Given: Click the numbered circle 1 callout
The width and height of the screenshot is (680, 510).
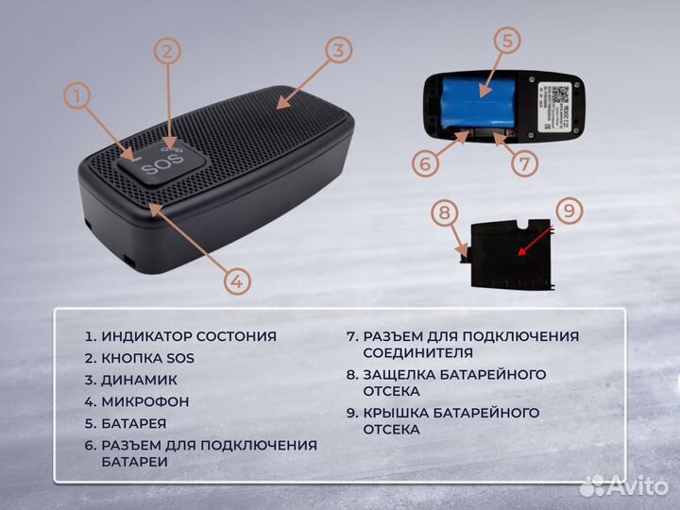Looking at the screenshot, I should pyautogui.click(x=78, y=96).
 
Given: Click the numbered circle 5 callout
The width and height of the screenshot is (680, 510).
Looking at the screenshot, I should pyautogui.click(x=507, y=41).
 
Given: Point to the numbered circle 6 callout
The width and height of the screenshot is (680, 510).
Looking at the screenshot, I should pyautogui.click(x=426, y=162).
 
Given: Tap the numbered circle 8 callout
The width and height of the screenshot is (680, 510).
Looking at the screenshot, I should pyautogui.click(x=443, y=212).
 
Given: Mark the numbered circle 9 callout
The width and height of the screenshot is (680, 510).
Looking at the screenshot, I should pyautogui.click(x=567, y=210).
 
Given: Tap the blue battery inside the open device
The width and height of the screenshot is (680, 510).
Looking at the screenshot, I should pyautogui.click(x=476, y=101).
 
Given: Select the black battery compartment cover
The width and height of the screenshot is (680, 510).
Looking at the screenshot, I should pyautogui.click(x=510, y=253).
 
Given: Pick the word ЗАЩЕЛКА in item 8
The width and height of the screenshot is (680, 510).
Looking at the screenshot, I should pyautogui.click(x=401, y=375).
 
